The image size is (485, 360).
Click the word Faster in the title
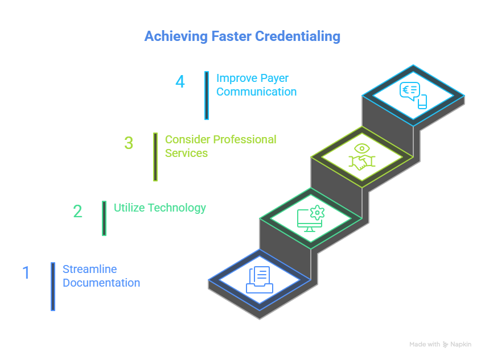tap(231, 37)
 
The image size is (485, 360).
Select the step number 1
tap(26, 272)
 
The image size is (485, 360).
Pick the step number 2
tap(77, 212)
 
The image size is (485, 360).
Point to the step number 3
tap(129, 143)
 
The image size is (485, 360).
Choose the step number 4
tap(180, 82)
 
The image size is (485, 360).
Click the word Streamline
tap(89, 269)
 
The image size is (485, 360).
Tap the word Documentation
tap(101, 283)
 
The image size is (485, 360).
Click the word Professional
tap(244, 139)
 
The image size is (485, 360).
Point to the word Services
tap(186, 153)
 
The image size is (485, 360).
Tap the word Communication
tap(256, 92)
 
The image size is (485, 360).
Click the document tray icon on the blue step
tap(260, 280)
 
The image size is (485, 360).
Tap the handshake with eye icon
tap(362, 158)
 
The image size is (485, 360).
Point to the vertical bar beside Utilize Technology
tap(104, 218)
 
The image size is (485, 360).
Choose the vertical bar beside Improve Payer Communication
tap(207, 95)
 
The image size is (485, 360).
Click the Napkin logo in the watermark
tap(446, 345)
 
